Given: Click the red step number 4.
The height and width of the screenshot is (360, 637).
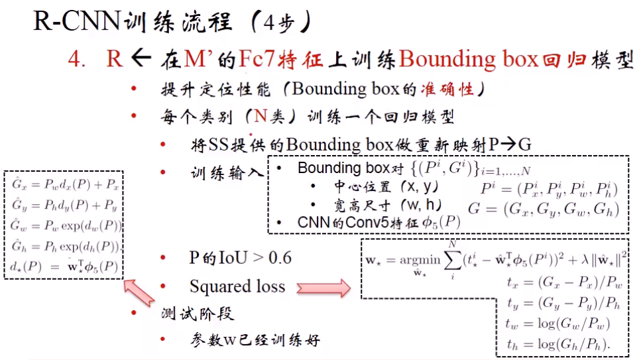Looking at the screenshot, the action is click(x=76, y=60).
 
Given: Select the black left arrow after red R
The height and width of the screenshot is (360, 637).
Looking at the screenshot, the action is click(x=141, y=59).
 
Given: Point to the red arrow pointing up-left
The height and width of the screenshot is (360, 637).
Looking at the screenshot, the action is click(x=142, y=292).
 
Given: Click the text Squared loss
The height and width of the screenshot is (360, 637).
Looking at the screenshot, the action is click(x=237, y=286).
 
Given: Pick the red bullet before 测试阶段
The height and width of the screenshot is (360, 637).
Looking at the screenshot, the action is click(x=134, y=313).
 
